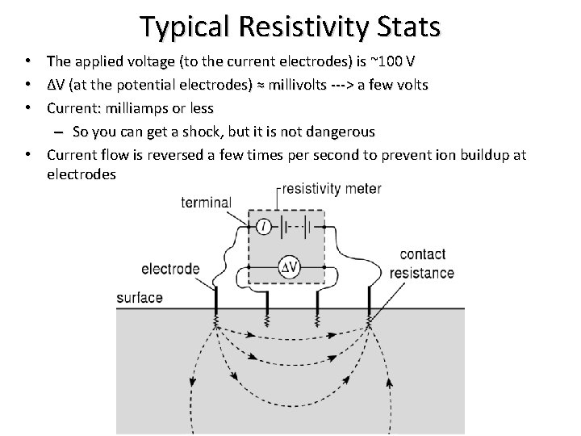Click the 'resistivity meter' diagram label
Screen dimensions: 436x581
pos(332,189)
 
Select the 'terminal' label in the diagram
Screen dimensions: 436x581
pos(207,203)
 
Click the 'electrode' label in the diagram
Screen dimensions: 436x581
pos(169,268)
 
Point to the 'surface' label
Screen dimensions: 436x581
pos(139,297)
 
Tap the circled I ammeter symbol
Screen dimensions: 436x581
pos(264,227)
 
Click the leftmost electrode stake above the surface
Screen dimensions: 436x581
pos(216,299)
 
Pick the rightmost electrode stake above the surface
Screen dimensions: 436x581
pos(369,299)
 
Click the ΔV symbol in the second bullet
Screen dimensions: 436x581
pos(55,84)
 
